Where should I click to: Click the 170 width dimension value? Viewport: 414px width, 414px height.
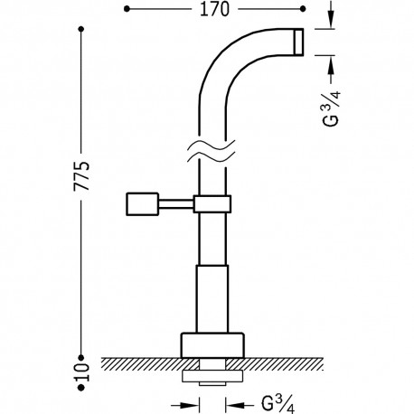214,9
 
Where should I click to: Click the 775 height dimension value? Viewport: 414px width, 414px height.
82,176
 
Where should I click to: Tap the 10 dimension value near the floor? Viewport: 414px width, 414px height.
82,372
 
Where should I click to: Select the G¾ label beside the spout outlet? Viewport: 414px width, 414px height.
332,108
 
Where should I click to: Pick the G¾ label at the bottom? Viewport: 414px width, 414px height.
278,404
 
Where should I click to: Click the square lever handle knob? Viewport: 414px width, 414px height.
142,204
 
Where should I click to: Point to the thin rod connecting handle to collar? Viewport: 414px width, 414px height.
175,204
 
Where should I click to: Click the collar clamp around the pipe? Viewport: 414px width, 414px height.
212,204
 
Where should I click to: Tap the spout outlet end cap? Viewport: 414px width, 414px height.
299,42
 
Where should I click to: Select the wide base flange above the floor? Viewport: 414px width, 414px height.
212,345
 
